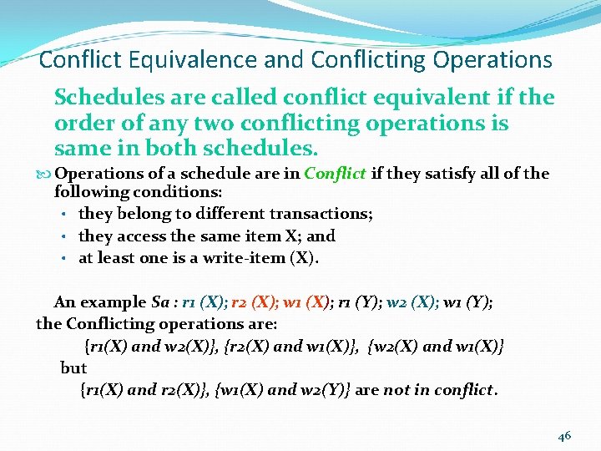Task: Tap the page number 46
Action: [564, 436]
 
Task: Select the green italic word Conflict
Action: [335, 174]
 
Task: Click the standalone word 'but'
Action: [73, 367]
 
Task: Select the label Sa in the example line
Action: [161, 302]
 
